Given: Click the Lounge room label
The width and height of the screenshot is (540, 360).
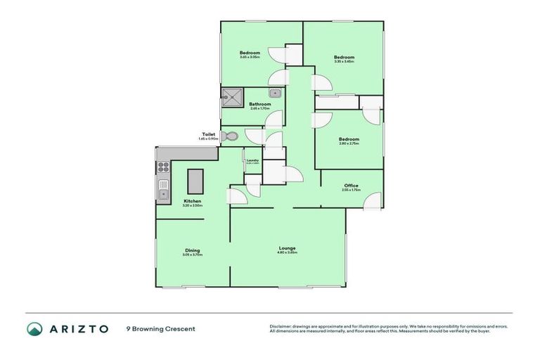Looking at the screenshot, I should [x=287, y=247].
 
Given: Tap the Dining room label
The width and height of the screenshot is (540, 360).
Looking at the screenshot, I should [x=193, y=250].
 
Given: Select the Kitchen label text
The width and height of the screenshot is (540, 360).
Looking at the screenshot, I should [x=193, y=201].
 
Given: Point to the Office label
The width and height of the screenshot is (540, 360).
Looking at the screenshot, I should [x=351, y=186].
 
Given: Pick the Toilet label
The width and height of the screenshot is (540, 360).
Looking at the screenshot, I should [x=208, y=134].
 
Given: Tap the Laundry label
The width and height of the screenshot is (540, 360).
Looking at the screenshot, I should [x=252, y=160].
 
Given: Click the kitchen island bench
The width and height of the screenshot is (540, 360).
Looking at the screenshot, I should [x=195, y=181].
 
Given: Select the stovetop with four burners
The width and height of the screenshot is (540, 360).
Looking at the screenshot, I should [x=162, y=167].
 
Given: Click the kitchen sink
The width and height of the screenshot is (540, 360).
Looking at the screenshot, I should [x=163, y=191].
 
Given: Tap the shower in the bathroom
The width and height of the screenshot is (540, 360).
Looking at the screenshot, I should [x=231, y=96].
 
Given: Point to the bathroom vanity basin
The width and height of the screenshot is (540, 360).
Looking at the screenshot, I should [x=276, y=93].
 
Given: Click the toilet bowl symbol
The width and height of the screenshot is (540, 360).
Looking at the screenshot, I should [x=230, y=136].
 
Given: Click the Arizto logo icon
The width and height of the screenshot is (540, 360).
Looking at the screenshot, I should [x=34, y=328].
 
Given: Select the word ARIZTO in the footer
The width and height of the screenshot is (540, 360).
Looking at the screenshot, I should [x=79, y=328].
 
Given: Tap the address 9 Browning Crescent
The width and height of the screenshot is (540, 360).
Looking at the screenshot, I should [x=160, y=328].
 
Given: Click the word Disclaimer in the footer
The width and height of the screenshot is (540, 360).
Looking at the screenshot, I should [x=280, y=326].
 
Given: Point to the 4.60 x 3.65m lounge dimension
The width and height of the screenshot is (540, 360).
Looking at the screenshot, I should [x=287, y=252].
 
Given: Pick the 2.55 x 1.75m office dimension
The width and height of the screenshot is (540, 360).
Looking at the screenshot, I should [x=351, y=190].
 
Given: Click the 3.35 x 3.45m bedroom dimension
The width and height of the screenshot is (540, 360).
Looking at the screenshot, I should [x=344, y=62].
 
